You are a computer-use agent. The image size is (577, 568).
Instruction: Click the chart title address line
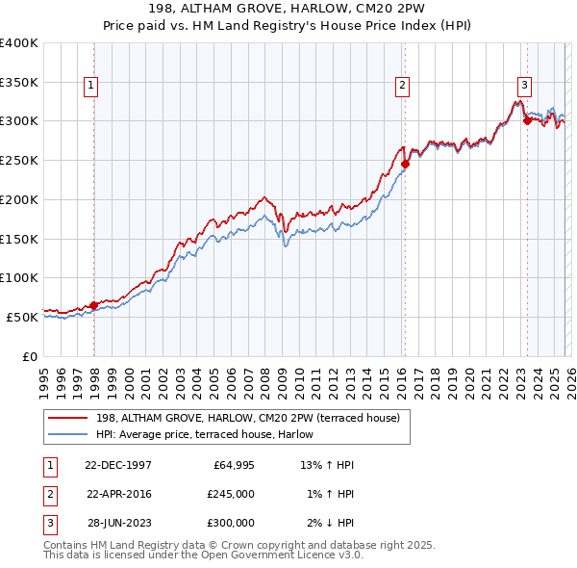pos(288,10)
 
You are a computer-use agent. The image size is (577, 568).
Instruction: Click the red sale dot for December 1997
pos(94,305)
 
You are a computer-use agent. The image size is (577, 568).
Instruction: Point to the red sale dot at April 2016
pos(405,164)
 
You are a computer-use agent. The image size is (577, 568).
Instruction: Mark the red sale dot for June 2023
pos(527,120)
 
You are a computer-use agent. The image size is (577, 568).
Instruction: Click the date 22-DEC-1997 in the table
pos(118,465)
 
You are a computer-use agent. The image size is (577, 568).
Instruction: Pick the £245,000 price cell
pos(231,494)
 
